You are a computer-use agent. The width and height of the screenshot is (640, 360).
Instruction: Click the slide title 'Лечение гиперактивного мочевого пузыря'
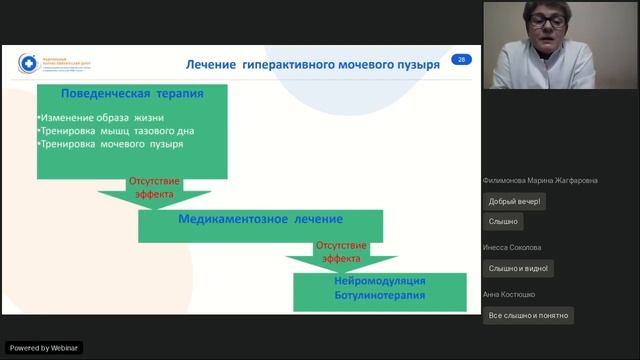pos(313,64)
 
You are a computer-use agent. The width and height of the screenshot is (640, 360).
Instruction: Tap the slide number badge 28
pos(461,60)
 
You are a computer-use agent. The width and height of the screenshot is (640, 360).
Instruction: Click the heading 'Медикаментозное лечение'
pos(260,219)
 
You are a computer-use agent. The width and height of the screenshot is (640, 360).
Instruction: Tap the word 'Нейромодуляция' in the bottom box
pos(379,281)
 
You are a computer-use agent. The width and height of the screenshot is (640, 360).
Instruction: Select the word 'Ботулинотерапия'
pos(379,295)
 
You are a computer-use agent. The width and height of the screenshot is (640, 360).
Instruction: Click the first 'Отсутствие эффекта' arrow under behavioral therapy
pos(151,188)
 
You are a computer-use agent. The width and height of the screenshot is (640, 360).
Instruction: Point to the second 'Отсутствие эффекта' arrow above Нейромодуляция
pos(340,252)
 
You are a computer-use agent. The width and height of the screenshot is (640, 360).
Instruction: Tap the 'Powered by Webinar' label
pos(44,347)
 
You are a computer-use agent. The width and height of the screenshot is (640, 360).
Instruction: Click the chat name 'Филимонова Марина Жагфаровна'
pos(540,181)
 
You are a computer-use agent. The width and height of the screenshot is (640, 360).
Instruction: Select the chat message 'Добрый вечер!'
pos(514,201)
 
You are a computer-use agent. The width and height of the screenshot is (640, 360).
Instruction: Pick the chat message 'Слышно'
pos(503,221)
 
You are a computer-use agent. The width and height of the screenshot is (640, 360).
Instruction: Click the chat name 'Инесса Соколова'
pos(512,247)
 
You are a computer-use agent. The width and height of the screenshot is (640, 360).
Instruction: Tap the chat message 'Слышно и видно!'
pos(517,268)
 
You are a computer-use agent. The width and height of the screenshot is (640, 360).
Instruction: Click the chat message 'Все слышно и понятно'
pos(528,315)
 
